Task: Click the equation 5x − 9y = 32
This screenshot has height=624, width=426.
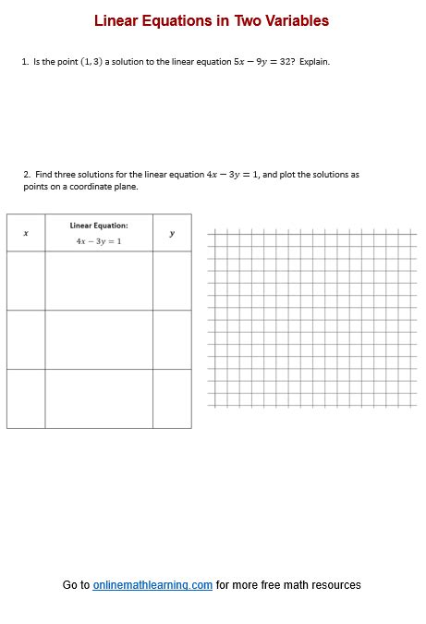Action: point(263,62)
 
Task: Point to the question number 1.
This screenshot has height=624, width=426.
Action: point(24,62)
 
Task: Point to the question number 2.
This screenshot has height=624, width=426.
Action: point(26,174)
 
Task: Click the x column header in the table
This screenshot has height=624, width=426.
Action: point(25,233)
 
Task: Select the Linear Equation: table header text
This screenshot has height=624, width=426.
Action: point(99,225)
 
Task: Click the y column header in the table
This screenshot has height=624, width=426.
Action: point(172,233)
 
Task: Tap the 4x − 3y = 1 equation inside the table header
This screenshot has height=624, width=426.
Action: point(99,241)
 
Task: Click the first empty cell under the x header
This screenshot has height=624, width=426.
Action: point(25,280)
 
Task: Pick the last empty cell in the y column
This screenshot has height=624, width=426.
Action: point(172,398)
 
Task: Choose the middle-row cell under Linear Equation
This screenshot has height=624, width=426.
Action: point(99,339)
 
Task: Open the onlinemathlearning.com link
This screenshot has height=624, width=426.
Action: point(152,585)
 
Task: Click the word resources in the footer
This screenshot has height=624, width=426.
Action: point(335,585)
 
